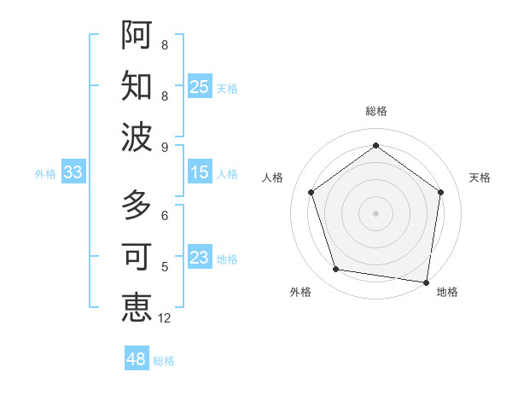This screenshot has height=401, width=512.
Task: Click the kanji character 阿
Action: pyautogui.click(x=137, y=35)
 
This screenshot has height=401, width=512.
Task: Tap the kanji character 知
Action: pyautogui.click(x=137, y=86)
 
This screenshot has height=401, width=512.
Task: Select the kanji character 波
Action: pyautogui.click(x=137, y=137)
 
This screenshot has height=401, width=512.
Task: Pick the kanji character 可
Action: pyautogui.click(x=137, y=257)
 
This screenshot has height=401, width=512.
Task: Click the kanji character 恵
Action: pyautogui.click(x=137, y=307)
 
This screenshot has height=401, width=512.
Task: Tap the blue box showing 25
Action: pyautogui.click(x=200, y=87)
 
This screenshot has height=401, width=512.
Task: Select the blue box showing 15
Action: pyautogui.click(x=200, y=172)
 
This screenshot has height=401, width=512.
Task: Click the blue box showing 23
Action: pyautogui.click(x=200, y=258)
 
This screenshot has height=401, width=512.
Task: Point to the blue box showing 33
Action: pyautogui.click(x=73, y=172)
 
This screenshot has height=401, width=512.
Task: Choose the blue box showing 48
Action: pyautogui.click(x=137, y=359)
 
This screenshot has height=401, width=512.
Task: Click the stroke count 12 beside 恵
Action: pyautogui.click(x=165, y=318)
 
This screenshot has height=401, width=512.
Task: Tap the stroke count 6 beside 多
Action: pyautogui.click(x=165, y=216)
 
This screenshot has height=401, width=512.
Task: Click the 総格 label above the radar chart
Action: pyautogui.click(x=375, y=111)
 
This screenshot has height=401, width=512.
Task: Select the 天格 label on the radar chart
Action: pyautogui.click(x=480, y=177)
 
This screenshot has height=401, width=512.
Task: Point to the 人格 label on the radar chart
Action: pyautogui.click(x=272, y=177)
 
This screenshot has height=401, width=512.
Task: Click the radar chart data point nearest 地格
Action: pyautogui.click(x=427, y=282)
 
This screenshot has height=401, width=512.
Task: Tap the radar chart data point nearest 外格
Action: pyautogui.click(x=336, y=270)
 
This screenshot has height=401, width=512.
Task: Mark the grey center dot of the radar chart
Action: pyautogui.click(x=375, y=212)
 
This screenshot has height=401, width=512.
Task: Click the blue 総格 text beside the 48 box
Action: pyautogui.click(x=164, y=361)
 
